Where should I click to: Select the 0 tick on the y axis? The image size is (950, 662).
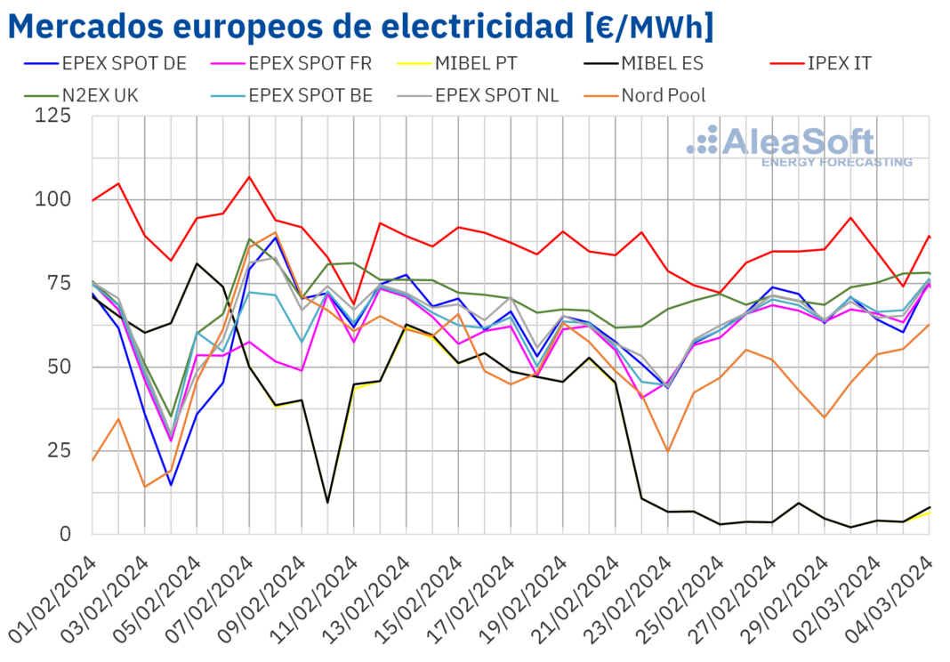pyautogui.click(x=65, y=534)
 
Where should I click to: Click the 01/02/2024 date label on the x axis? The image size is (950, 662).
pyautogui.click(x=55, y=596)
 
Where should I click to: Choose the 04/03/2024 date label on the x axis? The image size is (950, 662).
pyautogui.click(x=892, y=596)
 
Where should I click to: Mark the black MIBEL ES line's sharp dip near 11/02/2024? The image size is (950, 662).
pyautogui.click(x=328, y=503)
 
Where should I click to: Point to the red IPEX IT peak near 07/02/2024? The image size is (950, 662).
pyautogui.click(x=249, y=176)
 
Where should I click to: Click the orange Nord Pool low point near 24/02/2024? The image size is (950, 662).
pyautogui.click(x=667, y=451)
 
